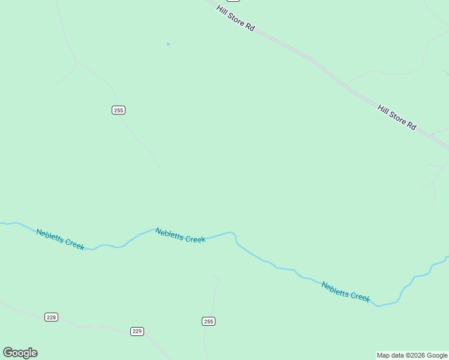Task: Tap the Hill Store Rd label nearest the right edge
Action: tap(396, 117)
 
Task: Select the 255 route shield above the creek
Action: tap(118, 110)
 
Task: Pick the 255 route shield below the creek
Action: tap(208, 322)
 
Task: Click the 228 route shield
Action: tap(51, 317)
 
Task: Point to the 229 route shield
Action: tap(137, 331)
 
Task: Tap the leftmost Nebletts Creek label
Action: tap(60, 239)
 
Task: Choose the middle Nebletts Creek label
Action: tap(180, 235)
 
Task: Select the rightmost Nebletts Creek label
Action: tap(346, 292)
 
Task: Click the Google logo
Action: tap(20, 353)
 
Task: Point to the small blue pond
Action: tap(168, 44)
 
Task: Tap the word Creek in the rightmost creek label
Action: tap(360, 296)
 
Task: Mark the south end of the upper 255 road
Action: tap(159, 167)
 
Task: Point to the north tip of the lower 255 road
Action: tap(212, 276)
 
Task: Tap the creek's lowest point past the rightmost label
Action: tap(378, 306)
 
